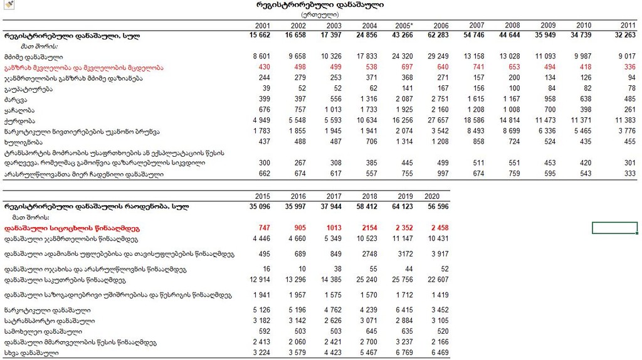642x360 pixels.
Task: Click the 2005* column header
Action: pyautogui.click(x=404, y=25)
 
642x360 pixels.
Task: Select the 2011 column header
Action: pyautogui.click(x=628, y=25)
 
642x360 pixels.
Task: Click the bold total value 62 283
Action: pyautogui.click(x=437, y=36)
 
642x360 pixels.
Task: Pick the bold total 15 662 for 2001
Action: pyautogui.click(x=258, y=36)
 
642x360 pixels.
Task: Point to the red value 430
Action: pyautogui.click(x=263, y=67)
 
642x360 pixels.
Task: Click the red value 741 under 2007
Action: pyautogui.click(x=478, y=67)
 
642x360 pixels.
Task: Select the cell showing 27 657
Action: pyautogui.click(x=437, y=120)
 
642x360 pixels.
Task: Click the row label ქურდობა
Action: pyautogui.click(x=19, y=120)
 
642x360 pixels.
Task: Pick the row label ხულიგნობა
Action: pyautogui.click(x=23, y=142)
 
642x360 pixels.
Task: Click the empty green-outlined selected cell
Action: pyautogui.click(x=614, y=228)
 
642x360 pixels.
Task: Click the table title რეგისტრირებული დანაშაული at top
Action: pyautogui.click(x=320, y=5)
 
